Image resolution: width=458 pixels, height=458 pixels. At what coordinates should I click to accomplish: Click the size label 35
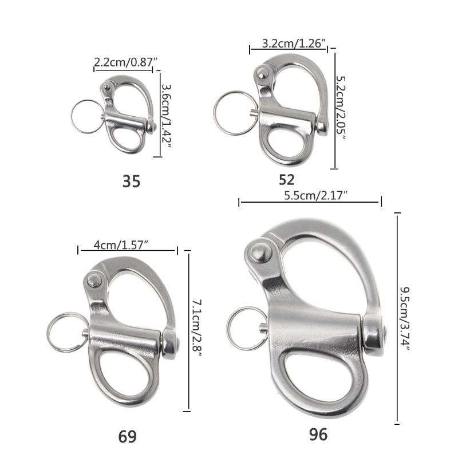(131, 181)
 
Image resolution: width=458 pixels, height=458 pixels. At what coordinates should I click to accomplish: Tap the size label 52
(286, 180)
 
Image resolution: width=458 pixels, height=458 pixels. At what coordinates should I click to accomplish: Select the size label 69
(127, 437)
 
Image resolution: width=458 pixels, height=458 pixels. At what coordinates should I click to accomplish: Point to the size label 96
(318, 435)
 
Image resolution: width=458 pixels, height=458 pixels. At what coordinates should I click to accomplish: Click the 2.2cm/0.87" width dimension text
(125, 62)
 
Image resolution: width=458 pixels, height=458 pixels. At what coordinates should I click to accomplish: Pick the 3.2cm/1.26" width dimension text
(294, 44)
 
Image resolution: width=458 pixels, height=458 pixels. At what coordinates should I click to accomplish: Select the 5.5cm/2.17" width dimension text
(315, 195)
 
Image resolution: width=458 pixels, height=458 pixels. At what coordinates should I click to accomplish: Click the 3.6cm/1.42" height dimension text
(166, 116)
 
